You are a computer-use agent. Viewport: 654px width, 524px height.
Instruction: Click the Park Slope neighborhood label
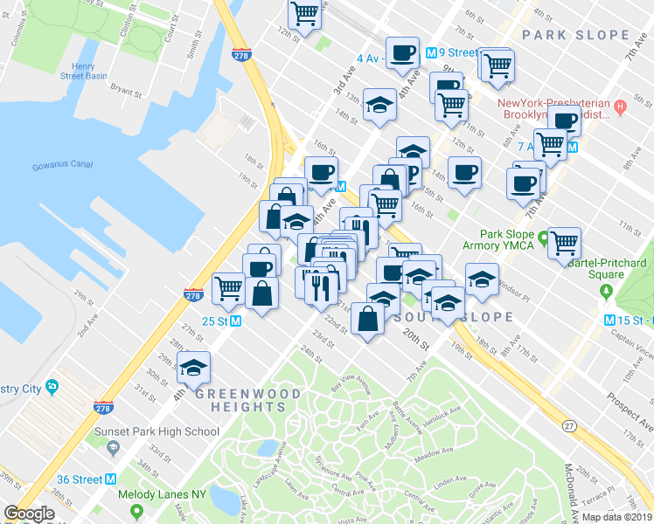click(x=575, y=35)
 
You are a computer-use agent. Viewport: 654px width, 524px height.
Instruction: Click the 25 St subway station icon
click(x=236, y=321)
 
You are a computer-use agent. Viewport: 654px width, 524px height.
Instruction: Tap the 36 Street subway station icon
click(x=111, y=479)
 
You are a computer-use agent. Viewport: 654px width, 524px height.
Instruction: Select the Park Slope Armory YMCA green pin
click(x=543, y=237)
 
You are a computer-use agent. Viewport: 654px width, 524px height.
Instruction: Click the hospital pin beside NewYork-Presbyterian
click(x=620, y=107)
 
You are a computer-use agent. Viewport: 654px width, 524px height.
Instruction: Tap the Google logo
click(x=29, y=514)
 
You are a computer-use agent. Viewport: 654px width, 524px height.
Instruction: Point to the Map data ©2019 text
click(x=617, y=516)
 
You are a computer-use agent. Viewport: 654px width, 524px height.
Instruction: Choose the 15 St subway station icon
click(x=610, y=320)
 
